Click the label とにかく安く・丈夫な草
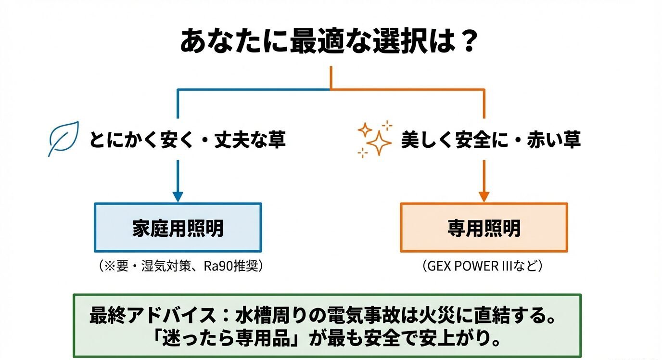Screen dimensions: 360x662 (187, 140)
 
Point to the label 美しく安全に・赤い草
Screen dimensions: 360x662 (491, 140)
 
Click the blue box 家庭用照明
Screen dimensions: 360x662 (178, 228)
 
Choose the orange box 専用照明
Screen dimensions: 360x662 (484, 228)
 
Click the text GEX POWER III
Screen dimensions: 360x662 (474, 266)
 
